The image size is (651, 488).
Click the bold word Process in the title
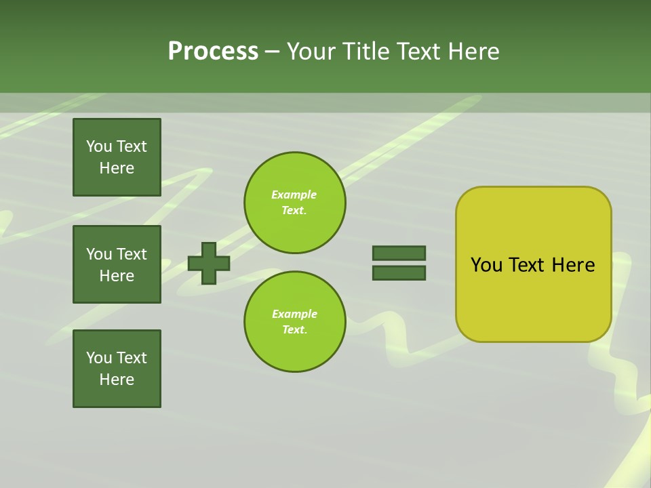(213, 52)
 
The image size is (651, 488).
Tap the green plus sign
(209, 263)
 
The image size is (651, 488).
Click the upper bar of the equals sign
(399, 253)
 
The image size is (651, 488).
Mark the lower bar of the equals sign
(399, 273)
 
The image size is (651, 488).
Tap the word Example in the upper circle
(294, 195)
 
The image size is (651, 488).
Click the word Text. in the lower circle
(294, 329)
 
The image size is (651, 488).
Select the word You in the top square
(99, 146)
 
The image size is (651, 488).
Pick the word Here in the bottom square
(117, 380)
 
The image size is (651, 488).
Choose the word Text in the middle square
(131, 254)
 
